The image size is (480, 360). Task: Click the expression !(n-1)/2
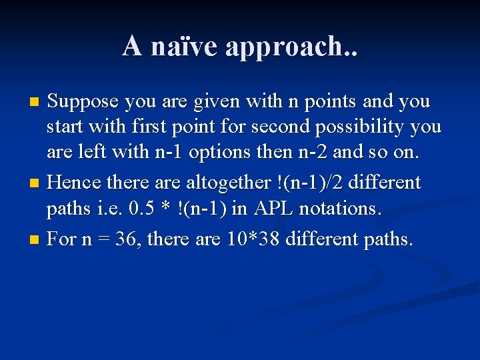pos(316,183)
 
